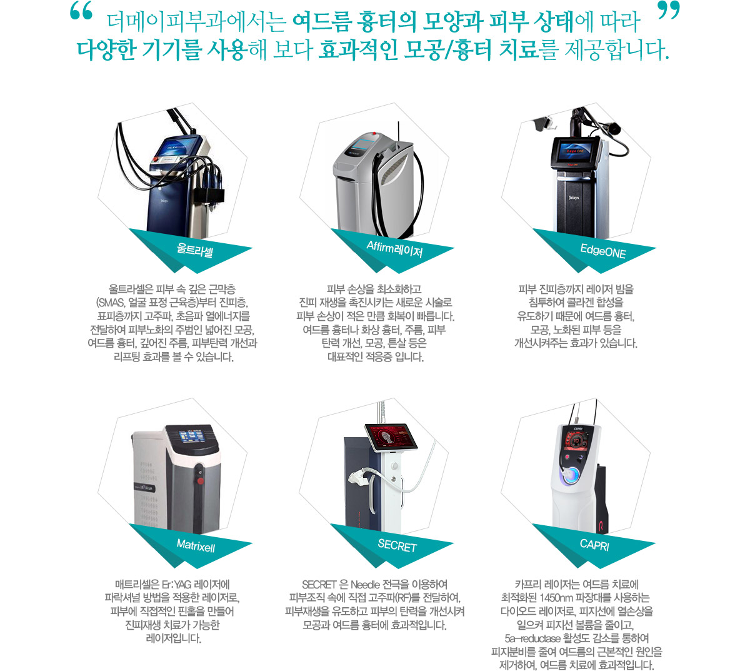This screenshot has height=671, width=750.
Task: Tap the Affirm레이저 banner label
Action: tap(394, 249)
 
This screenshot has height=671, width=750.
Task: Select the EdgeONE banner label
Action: tap(603, 251)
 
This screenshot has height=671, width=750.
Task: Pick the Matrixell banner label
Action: tap(196, 545)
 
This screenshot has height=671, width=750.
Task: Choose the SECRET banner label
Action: tap(397, 545)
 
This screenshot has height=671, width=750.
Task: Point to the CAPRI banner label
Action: tap(594, 545)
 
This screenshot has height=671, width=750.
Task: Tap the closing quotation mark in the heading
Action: tap(669, 11)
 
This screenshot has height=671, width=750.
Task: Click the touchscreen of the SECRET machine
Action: tap(391, 437)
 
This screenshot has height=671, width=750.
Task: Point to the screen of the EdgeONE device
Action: tap(574, 151)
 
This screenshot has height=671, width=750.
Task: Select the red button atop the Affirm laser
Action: tap(374, 133)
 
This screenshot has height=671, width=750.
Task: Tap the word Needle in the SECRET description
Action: tap(365, 584)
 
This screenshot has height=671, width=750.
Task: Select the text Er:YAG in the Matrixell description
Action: tap(177, 584)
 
